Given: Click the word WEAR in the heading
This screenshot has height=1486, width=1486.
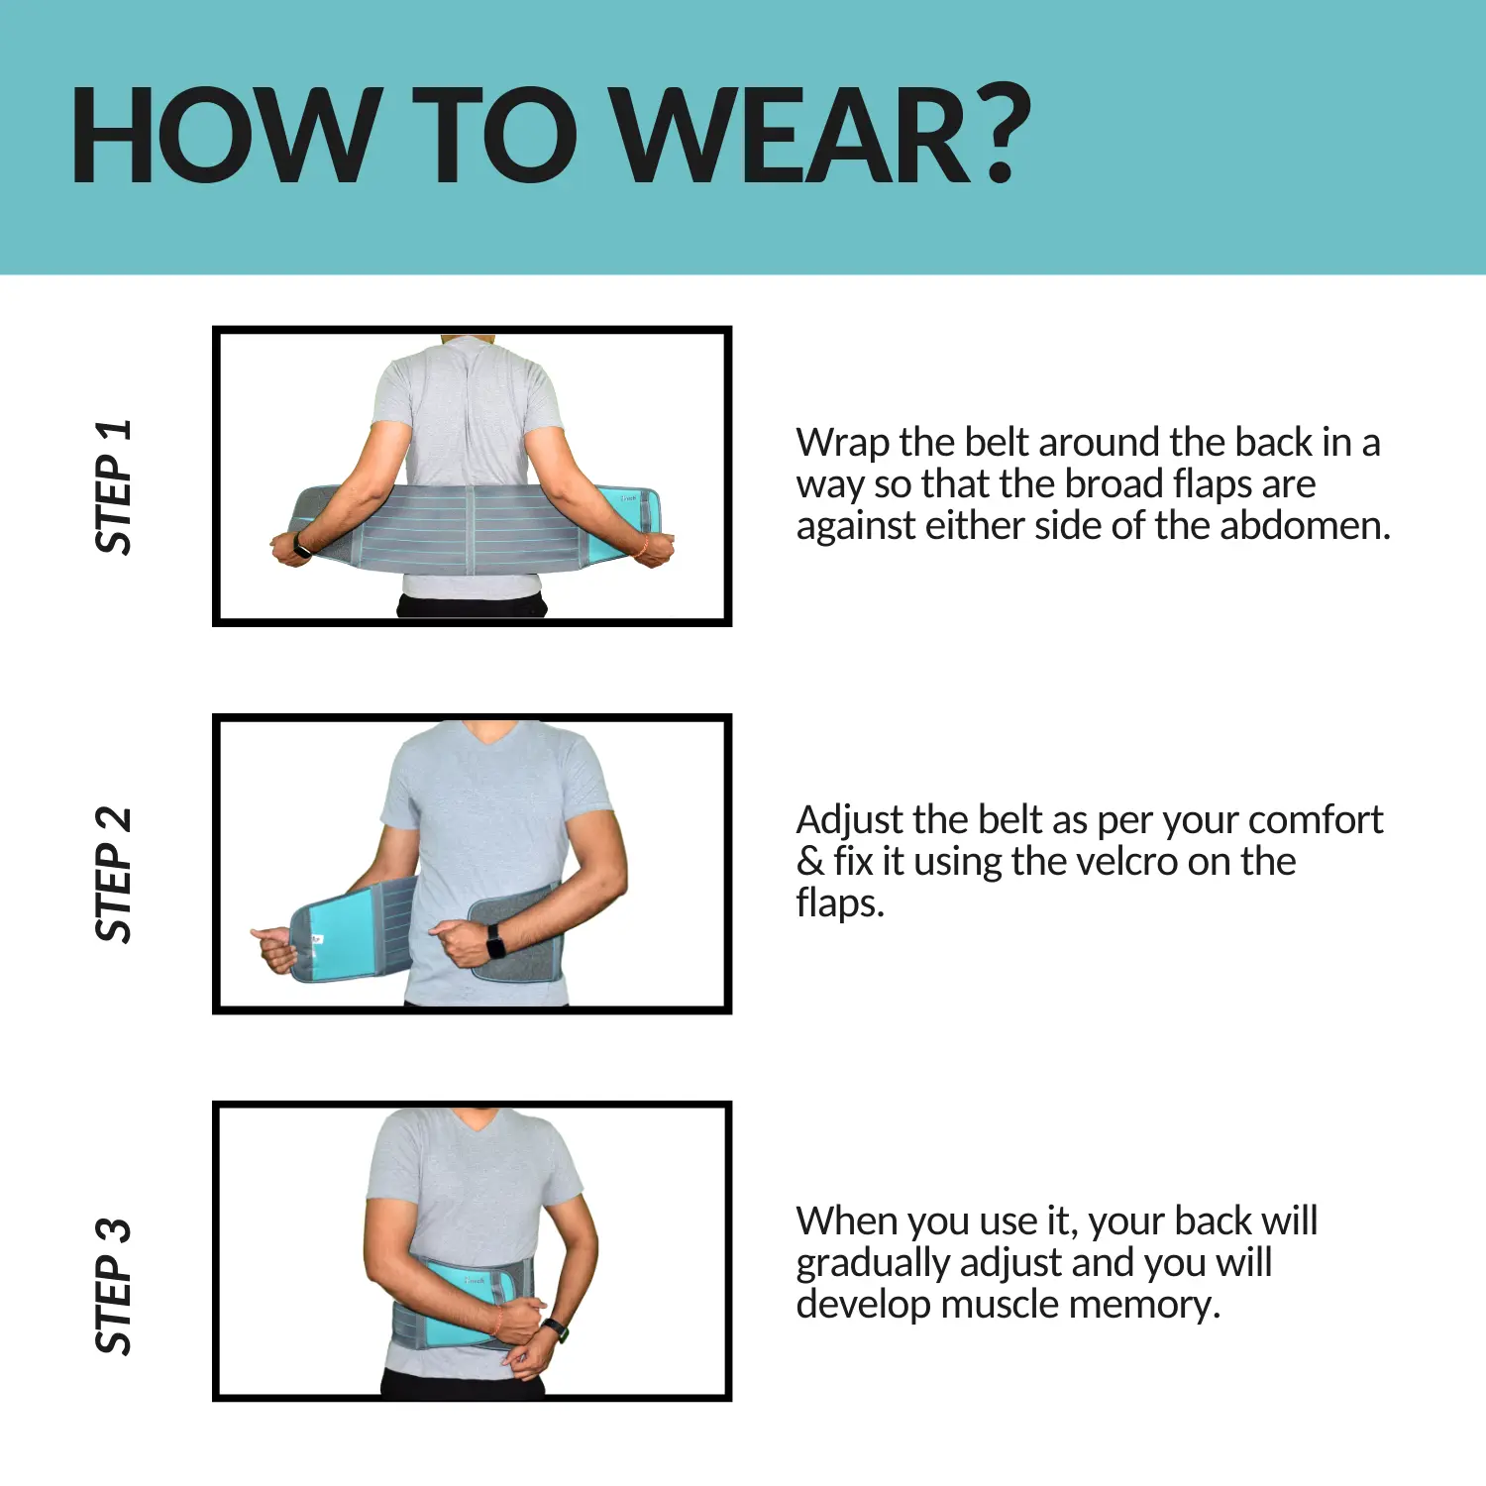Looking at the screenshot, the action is [792, 136].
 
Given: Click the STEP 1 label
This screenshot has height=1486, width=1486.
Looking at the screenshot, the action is [113, 486].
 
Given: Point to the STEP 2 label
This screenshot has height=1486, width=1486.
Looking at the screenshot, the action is [113, 875].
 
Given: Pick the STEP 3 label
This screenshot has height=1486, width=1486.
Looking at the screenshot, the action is [113, 1286].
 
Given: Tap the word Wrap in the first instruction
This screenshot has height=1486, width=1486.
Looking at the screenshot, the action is [843, 444].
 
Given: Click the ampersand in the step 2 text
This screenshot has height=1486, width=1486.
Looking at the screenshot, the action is [810, 861].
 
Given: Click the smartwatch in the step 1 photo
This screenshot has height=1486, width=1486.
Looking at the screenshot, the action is [301, 544].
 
